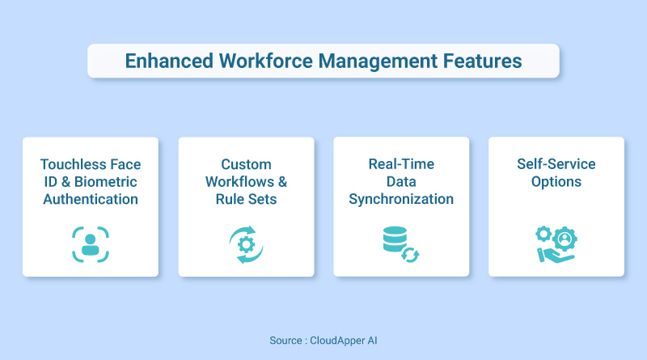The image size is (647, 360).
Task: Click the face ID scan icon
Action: [90, 244]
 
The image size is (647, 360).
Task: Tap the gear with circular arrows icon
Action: [245, 244]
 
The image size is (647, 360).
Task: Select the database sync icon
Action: [400, 244]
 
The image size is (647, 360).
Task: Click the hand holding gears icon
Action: [556, 244]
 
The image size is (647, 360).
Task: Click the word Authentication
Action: [90, 199]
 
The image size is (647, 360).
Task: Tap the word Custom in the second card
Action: [245, 165]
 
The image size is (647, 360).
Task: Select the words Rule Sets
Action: [245, 199]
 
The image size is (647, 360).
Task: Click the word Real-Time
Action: [400, 165]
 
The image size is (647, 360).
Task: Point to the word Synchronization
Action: [400, 199]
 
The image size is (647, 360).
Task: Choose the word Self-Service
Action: [556, 165]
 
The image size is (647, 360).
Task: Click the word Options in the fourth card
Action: [556, 182]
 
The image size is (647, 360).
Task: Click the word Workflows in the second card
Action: [239, 182]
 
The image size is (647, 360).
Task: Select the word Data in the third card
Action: [400, 182]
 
